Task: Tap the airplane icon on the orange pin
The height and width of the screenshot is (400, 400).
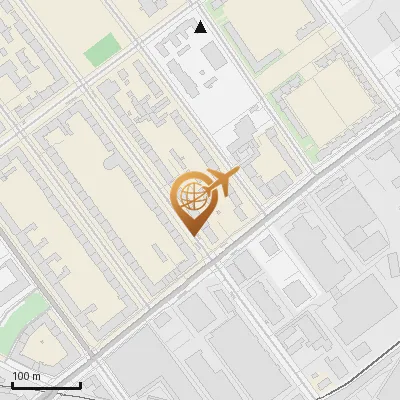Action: click(x=221, y=184)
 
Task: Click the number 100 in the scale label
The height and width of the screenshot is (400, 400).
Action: click(x=21, y=376)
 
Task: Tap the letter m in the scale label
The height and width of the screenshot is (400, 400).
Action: click(x=36, y=376)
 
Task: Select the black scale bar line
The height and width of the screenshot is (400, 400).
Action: click(x=45, y=386)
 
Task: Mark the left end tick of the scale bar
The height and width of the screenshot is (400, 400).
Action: click(x=11, y=384)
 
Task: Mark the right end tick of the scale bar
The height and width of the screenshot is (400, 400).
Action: click(x=80, y=384)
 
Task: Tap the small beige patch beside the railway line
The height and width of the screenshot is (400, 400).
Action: click(x=322, y=380)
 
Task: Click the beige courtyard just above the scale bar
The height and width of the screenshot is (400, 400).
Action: click(x=45, y=345)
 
